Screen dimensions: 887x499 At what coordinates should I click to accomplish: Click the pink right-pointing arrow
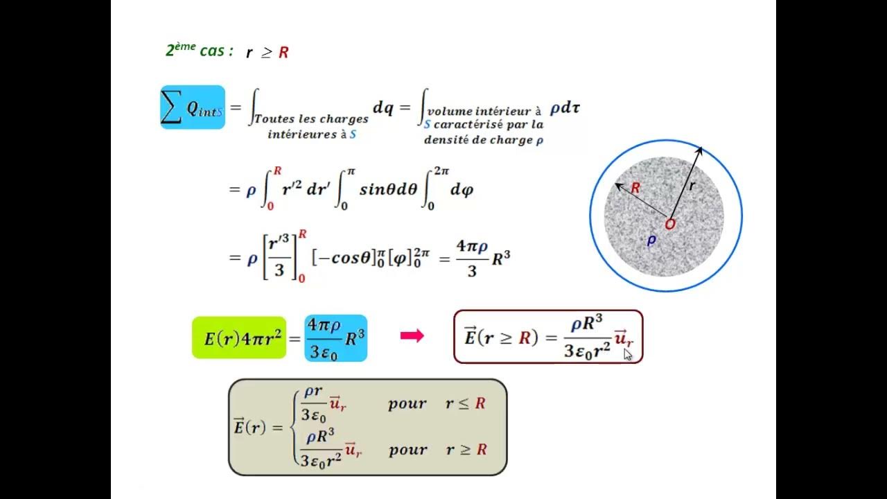(412, 336)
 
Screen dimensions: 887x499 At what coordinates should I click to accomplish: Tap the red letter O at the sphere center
(669, 225)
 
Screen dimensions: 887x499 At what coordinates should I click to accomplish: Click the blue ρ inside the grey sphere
(651, 240)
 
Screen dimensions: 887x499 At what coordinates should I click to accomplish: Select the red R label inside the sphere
(635, 188)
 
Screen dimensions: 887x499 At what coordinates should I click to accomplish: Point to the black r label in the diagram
(692, 186)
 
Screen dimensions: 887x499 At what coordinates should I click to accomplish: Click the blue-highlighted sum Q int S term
(193, 107)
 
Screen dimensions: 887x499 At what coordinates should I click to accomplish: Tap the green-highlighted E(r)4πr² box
(238, 338)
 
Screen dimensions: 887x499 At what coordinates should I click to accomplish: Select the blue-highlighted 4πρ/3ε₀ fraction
(324, 337)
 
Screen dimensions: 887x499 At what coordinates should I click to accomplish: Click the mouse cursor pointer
(628, 355)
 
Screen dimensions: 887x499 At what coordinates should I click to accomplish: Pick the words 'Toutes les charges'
(311, 119)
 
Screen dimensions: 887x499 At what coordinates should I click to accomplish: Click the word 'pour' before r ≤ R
(407, 403)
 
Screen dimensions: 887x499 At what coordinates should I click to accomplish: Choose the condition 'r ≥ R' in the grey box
(466, 449)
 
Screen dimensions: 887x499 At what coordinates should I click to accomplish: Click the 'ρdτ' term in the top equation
(565, 108)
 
